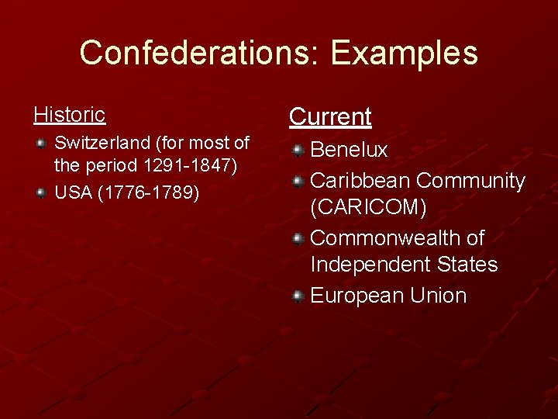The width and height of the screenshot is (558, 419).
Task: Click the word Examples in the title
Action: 405,54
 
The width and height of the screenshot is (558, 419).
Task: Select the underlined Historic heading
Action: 70,115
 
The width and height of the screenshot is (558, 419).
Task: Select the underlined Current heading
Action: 330,117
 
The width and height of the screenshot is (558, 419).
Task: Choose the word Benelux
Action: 349,150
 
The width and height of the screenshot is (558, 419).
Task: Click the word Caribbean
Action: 360,181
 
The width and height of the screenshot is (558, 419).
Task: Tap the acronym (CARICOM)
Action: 368,208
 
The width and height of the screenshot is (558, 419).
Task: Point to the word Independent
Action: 370,265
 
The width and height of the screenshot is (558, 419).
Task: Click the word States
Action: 467,265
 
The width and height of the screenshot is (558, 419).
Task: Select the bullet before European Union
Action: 298,296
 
